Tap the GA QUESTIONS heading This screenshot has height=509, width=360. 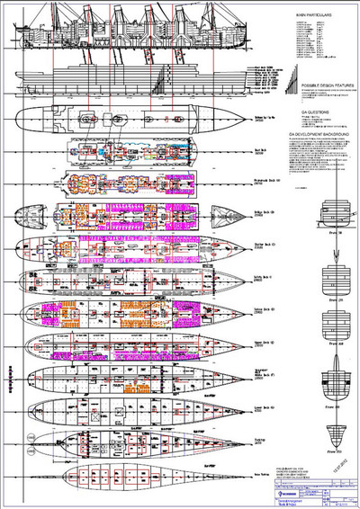pos(310,112)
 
